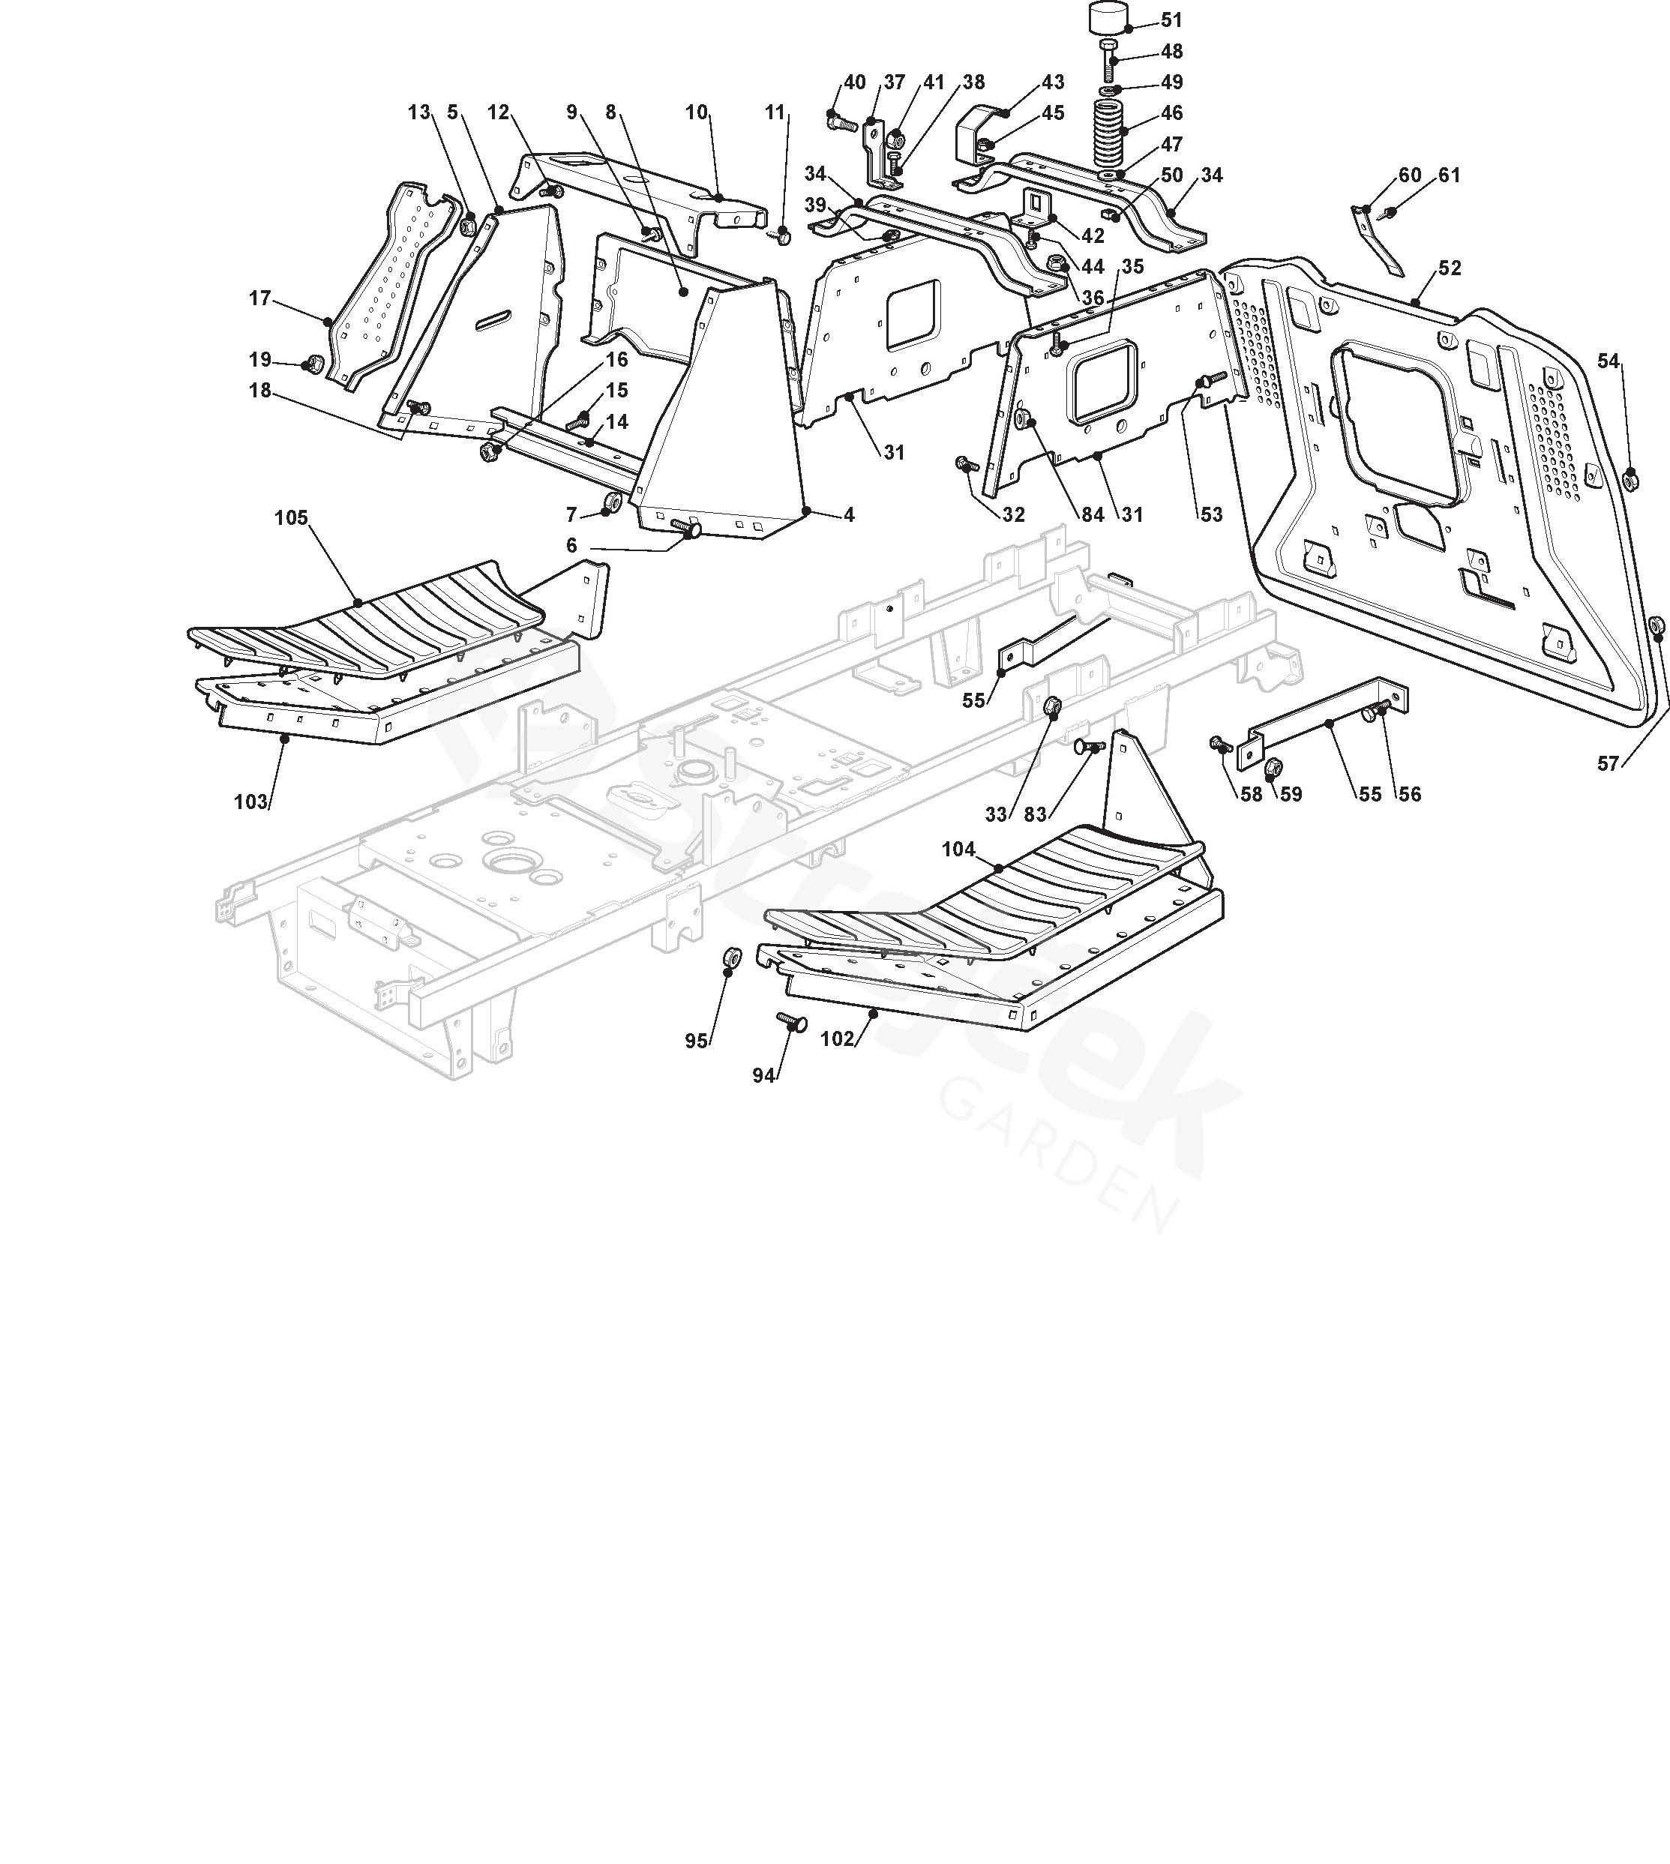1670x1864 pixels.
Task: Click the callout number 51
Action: pos(1172,20)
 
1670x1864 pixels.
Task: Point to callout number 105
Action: pos(291,518)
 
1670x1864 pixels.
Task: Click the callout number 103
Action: pos(250,802)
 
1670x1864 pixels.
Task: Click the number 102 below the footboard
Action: pos(837,1039)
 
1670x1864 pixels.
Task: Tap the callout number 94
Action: pos(763,1076)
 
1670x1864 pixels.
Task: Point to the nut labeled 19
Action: pos(312,365)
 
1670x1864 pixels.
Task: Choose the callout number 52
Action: pos(1450,268)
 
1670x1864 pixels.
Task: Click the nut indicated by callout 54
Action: pos(1630,478)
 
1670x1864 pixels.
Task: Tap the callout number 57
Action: pos(1608,764)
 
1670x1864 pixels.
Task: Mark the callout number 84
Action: pos(1093,514)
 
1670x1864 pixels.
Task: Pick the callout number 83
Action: pos(1035,814)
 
